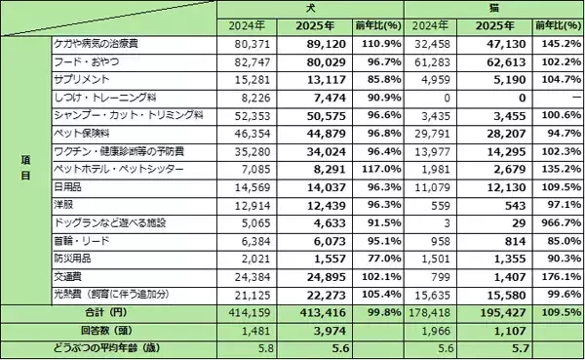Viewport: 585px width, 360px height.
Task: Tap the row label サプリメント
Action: pos(82,79)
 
